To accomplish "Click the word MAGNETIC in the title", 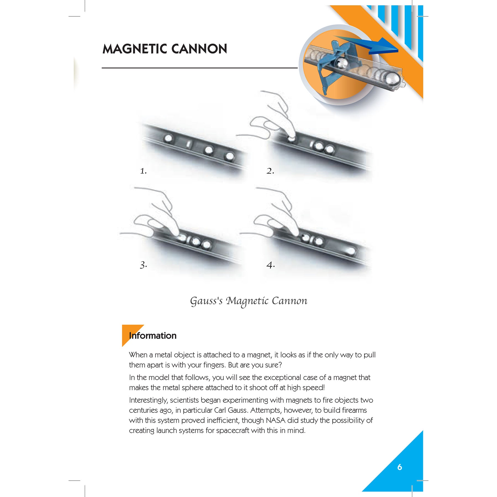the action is (135, 49).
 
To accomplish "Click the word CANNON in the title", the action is (199, 49).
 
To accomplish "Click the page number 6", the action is (400, 467).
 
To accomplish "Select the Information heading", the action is (153, 336).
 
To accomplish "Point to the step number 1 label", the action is (143, 171).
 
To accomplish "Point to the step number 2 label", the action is (270, 171).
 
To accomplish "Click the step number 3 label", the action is (143, 265).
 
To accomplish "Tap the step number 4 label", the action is (271, 265).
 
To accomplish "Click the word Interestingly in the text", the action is (148, 401).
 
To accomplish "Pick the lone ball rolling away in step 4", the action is (350, 251).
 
